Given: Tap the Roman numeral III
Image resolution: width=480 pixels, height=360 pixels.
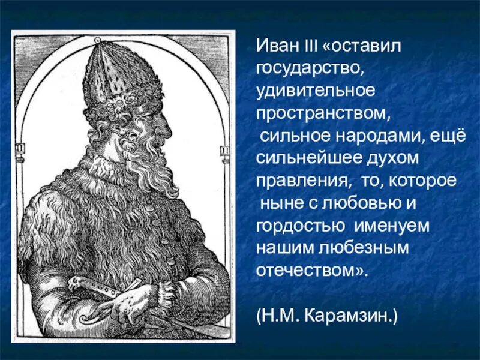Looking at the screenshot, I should pyautogui.click(x=311, y=46).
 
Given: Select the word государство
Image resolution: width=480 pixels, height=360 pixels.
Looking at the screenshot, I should pyautogui.click(x=307, y=69).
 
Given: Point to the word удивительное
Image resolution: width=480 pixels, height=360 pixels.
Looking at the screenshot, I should pyautogui.click(x=316, y=91).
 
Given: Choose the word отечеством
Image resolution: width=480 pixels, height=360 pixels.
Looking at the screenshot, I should pyautogui.click(x=306, y=269).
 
